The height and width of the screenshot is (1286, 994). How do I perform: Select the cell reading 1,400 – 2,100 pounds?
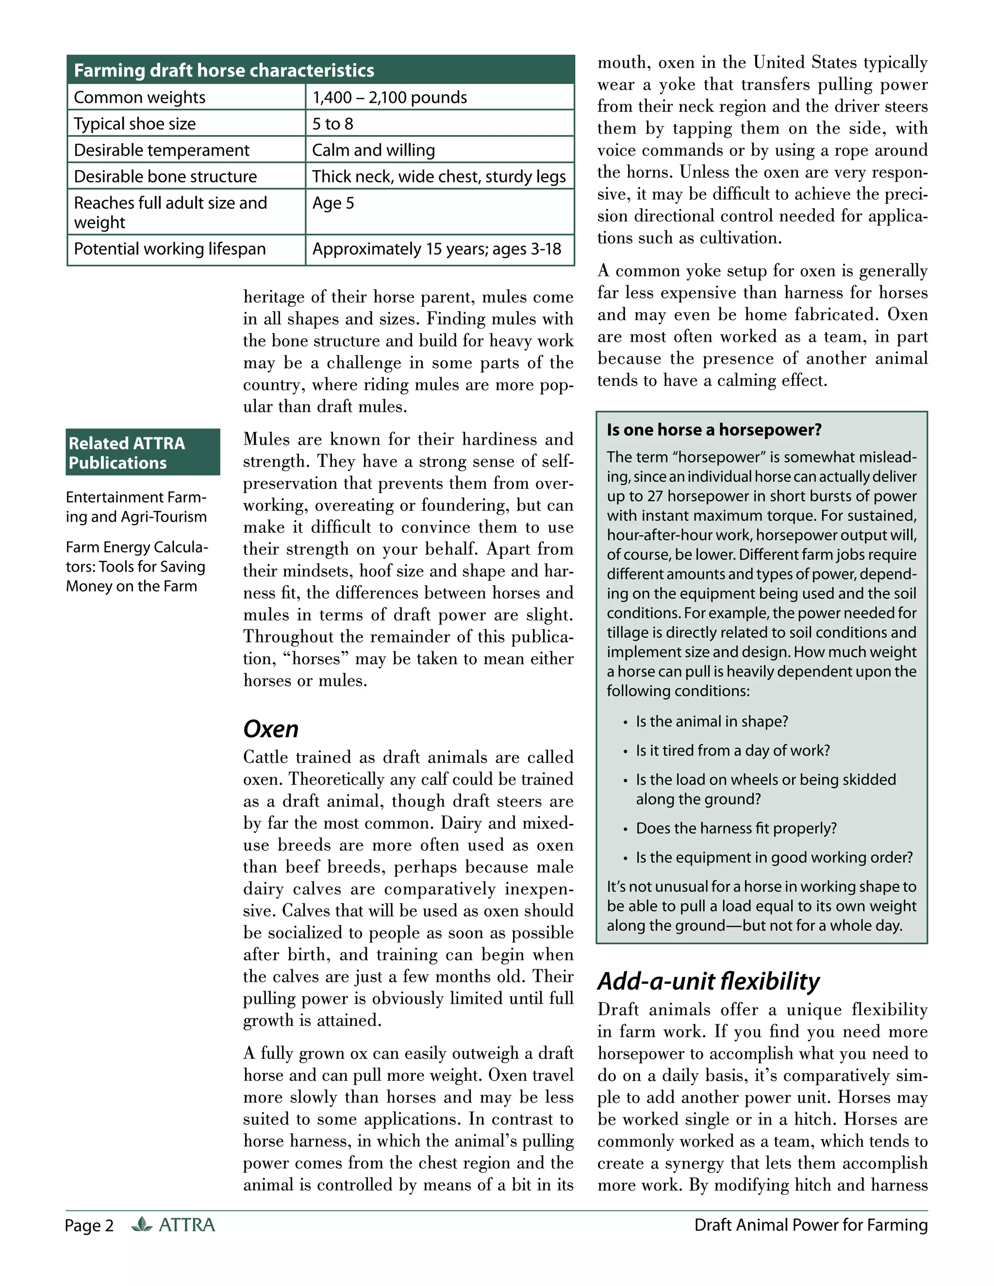(389, 97)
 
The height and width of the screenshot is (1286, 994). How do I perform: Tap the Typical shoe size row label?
(135, 124)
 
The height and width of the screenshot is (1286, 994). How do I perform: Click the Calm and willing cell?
(373, 150)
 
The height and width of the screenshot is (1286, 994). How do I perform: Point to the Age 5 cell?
(333, 203)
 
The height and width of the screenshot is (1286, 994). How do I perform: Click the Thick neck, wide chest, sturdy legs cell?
(439, 177)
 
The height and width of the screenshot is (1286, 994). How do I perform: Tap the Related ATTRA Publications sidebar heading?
(127, 452)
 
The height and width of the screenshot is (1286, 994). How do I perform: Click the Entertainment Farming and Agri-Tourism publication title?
(136, 507)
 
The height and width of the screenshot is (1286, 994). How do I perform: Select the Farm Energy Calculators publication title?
(136, 566)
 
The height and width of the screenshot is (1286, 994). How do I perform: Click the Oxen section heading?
(271, 729)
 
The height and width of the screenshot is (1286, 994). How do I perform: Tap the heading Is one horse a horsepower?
(713, 430)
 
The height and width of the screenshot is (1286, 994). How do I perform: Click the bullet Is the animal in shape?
(712, 721)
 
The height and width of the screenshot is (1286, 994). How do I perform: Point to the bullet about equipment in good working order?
(774, 857)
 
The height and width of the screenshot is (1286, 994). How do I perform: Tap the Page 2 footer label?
(89, 1225)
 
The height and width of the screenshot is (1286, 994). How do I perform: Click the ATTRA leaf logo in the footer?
(142, 1224)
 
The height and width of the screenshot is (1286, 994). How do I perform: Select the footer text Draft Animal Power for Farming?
(810, 1225)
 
